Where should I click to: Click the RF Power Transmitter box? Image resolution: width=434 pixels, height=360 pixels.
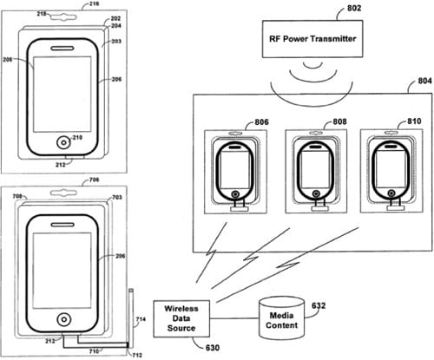click(x=312, y=39)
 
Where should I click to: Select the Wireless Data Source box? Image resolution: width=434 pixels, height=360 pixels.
click(x=181, y=318)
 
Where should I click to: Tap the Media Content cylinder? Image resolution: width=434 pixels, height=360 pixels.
click(x=281, y=318)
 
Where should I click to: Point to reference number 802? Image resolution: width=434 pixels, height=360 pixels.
click(x=354, y=8)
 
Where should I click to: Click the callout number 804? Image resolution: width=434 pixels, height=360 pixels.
click(x=424, y=81)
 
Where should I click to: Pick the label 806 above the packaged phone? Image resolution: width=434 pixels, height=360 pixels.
click(x=261, y=122)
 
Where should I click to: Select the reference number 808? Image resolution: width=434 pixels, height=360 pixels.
click(x=339, y=121)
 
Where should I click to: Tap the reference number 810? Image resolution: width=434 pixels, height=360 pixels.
click(x=414, y=121)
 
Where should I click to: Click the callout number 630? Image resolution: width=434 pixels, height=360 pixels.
click(x=213, y=348)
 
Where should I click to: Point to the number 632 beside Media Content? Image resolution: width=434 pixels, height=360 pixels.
click(x=319, y=305)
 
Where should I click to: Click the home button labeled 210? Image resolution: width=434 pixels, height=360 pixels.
click(x=63, y=142)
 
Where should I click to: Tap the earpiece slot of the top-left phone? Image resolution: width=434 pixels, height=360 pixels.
click(x=62, y=48)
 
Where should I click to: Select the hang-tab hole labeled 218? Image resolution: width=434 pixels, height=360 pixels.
click(x=63, y=16)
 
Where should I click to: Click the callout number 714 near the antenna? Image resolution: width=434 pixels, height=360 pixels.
click(x=141, y=319)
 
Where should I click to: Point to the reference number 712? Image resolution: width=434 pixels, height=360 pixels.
click(x=137, y=355)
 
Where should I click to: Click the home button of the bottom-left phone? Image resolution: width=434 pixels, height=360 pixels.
click(x=63, y=319)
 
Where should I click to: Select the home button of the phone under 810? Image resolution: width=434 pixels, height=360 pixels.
click(x=391, y=193)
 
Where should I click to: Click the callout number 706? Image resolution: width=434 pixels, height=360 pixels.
click(x=94, y=180)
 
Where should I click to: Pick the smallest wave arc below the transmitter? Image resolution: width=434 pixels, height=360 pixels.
click(x=312, y=66)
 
